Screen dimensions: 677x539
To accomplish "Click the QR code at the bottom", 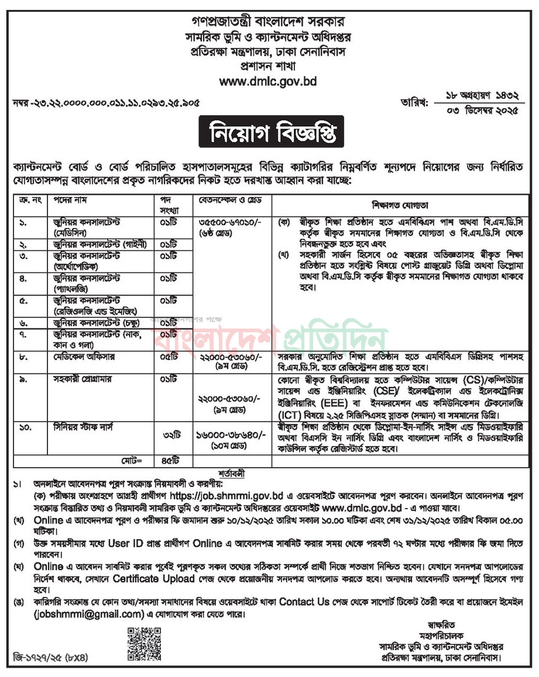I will click(x=144, y=643).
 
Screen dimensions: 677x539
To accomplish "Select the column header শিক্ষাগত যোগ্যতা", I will click(x=400, y=206).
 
